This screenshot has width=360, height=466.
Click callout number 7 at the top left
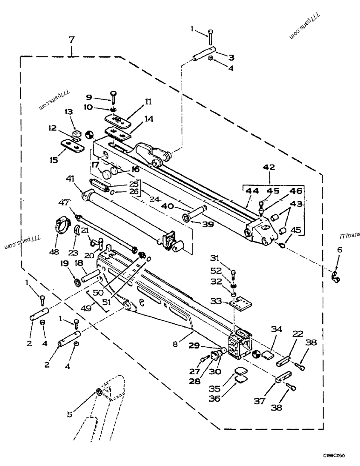coord(72,40)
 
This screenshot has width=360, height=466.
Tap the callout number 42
coord(269,167)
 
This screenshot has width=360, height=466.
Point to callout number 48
coord(54,252)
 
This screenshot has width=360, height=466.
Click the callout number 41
coord(70,179)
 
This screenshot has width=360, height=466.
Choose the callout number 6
coord(339,250)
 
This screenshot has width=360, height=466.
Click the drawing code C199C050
coord(334,456)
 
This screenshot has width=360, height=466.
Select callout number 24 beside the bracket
coord(155,199)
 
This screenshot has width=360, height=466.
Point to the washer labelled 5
coord(99,392)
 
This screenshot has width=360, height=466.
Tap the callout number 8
coord(175,344)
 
